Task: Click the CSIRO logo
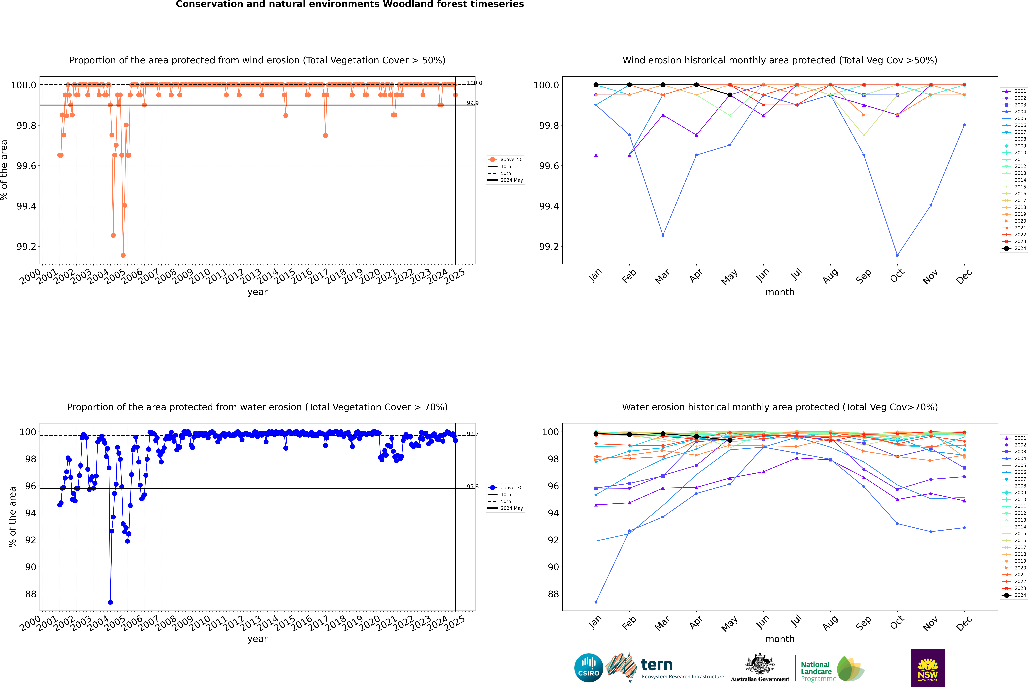(589, 668)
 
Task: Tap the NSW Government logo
(928, 668)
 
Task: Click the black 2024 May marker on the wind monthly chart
(730, 95)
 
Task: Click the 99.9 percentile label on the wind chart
(472, 103)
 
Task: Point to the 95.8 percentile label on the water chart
(472, 486)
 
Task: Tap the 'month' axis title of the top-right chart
(780, 292)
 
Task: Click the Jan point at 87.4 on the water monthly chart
(596, 602)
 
